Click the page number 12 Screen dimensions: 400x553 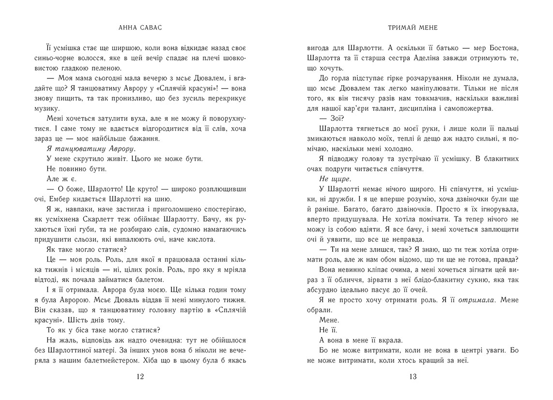(x=138, y=377)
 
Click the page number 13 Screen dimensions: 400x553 (x=413, y=377)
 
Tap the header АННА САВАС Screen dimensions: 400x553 (x=138, y=28)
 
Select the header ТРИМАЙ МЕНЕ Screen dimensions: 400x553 (x=413, y=28)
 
